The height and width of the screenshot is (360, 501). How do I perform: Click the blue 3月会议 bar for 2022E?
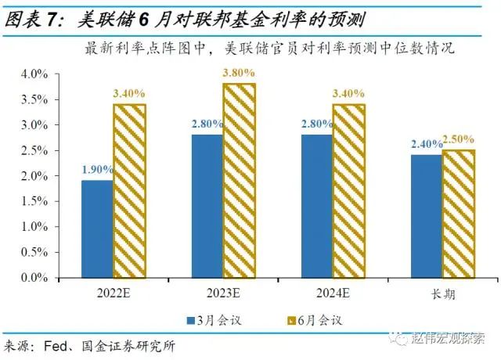pyautogui.click(x=97, y=229)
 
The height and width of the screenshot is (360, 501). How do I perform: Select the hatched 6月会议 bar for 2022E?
pyautogui.click(x=129, y=191)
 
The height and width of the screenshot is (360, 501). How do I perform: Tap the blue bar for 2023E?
pyautogui.click(x=207, y=206)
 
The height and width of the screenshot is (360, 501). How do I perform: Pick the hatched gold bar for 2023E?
pyautogui.click(x=239, y=181)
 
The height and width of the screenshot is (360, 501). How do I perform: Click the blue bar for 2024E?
pyautogui.click(x=316, y=206)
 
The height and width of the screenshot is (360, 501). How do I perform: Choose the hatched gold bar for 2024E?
pyautogui.click(x=348, y=191)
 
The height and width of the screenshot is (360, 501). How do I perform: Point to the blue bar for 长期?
pyautogui.click(x=426, y=216)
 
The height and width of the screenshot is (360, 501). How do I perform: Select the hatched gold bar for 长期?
pyautogui.click(x=458, y=214)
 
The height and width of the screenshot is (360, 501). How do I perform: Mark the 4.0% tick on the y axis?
pyautogui.click(x=34, y=74)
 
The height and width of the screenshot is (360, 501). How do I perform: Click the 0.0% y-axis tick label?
pyautogui.click(x=34, y=278)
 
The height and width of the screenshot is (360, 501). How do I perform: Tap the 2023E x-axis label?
pyautogui.click(x=223, y=295)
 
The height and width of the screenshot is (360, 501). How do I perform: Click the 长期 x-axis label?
pyautogui.click(x=442, y=295)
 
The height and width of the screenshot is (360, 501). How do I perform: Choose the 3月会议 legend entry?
pyautogui.click(x=214, y=319)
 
